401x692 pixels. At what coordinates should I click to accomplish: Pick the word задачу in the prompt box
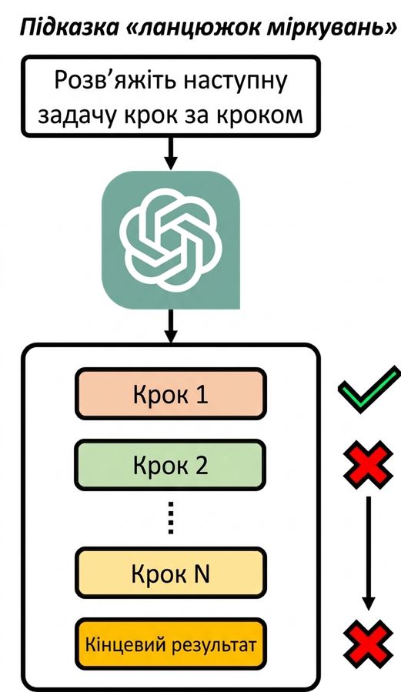(77, 115)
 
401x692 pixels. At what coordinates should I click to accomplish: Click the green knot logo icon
(171, 239)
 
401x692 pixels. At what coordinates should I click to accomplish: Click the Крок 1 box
(170, 394)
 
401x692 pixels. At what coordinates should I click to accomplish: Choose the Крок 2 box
(170, 465)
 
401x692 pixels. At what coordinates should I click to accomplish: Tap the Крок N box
(170, 573)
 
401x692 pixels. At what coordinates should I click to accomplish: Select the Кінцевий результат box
(170, 645)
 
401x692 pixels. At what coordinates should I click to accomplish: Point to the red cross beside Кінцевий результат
(369, 644)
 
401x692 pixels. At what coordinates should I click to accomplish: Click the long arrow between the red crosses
(369, 553)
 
